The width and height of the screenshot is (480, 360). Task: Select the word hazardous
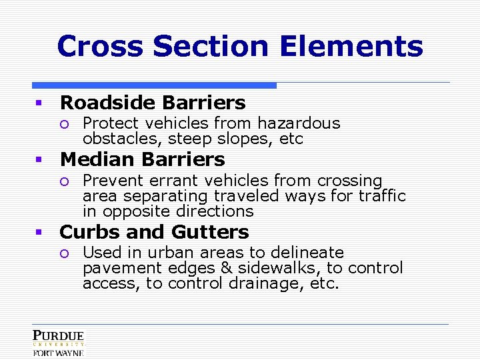pyautogui.click(x=299, y=123)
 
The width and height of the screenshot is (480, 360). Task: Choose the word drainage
pyautogui.click(x=262, y=283)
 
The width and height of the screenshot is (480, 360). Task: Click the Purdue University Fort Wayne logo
pyautogui.click(x=59, y=343)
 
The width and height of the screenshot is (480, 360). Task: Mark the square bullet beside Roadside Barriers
pyautogui.click(x=39, y=103)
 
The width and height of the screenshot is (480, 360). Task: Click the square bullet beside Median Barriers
pyautogui.click(x=39, y=160)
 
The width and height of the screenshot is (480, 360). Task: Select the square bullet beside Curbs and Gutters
pyautogui.click(x=39, y=233)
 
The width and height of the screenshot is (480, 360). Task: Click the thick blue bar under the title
pyautogui.click(x=154, y=85)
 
